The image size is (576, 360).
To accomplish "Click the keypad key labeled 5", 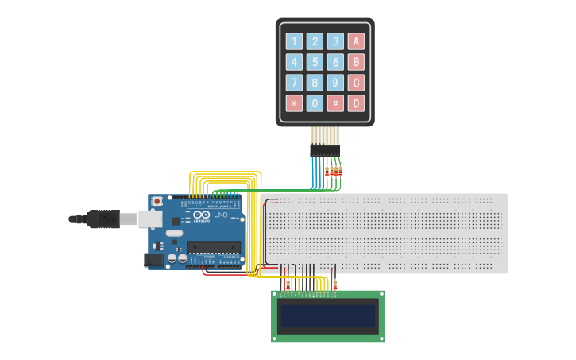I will [315, 62].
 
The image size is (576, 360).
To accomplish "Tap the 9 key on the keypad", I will [336, 83].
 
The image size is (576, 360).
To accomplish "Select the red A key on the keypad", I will [357, 41].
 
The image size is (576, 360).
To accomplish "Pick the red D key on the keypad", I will [357, 103].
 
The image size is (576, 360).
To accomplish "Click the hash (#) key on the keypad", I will [336, 103].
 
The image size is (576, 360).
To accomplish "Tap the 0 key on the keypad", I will [315, 103].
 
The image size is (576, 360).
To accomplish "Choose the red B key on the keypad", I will [357, 62].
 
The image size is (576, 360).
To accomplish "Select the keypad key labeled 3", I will [336, 41].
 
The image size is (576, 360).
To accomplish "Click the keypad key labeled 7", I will [295, 83].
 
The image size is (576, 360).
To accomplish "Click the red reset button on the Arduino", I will [157, 202].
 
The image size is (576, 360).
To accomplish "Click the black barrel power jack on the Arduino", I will [153, 259].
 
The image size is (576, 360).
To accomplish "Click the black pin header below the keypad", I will [325, 149].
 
